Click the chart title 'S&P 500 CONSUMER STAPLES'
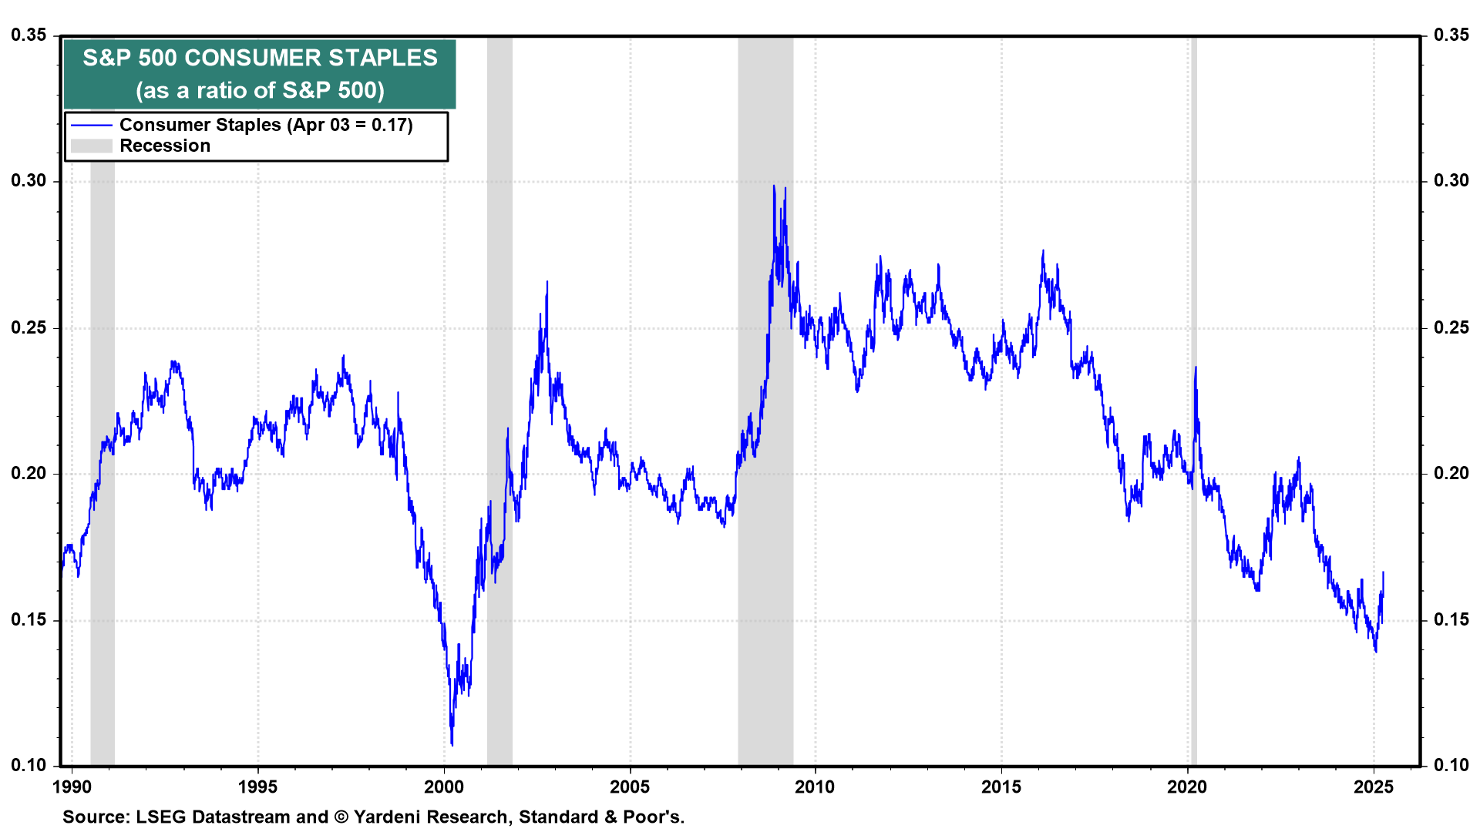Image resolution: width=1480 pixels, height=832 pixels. point(260,58)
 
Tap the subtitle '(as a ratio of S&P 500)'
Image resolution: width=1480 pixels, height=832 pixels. point(260,90)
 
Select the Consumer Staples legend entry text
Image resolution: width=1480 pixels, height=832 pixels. point(266,125)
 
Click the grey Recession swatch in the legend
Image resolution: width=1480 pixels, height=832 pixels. point(92,146)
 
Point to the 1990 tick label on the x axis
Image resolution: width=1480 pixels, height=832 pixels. point(72,787)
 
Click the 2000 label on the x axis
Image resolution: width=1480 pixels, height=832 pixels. point(444,787)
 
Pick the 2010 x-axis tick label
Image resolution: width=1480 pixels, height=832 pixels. point(815,787)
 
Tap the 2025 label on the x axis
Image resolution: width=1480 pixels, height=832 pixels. point(1374,787)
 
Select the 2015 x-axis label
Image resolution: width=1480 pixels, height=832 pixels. point(1001,787)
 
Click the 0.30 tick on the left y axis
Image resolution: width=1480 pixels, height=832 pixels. point(28,181)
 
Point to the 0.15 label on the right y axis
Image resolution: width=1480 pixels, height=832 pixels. point(1451,620)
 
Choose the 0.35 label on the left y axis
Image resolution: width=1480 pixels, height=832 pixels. point(28,35)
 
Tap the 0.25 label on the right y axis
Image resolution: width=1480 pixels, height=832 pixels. point(1451,327)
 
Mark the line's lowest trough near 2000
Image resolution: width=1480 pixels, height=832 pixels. point(452,744)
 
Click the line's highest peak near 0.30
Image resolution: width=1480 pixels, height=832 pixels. point(773,186)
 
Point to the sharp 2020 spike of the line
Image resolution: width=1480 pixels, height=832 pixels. point(1196,367)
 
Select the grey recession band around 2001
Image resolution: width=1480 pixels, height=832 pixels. point(499,401)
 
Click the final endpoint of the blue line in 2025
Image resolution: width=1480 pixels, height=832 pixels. point(1383,572)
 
